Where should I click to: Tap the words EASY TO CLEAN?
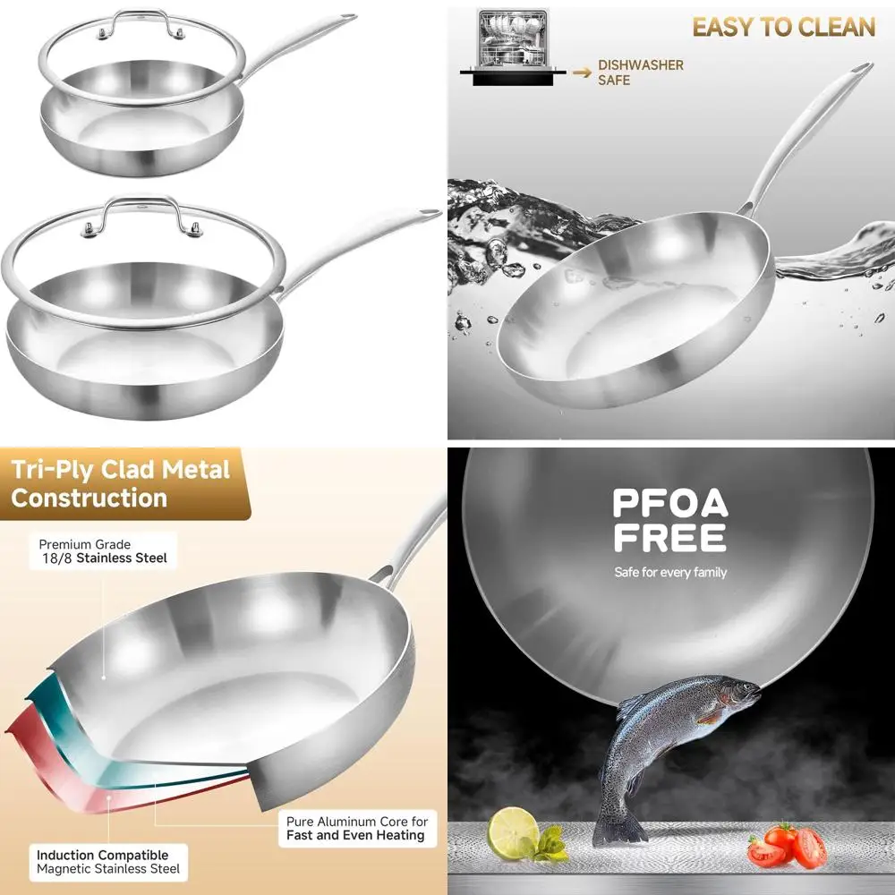(783, 27)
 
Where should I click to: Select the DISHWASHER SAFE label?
(640, 72)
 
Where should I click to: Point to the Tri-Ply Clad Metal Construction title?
(120, 483)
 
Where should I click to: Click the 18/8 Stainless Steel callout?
(103, 551)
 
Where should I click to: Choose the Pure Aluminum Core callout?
(355, 828)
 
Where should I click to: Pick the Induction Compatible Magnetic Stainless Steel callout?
(107, 862)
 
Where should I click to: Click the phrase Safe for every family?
(669, 573)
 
